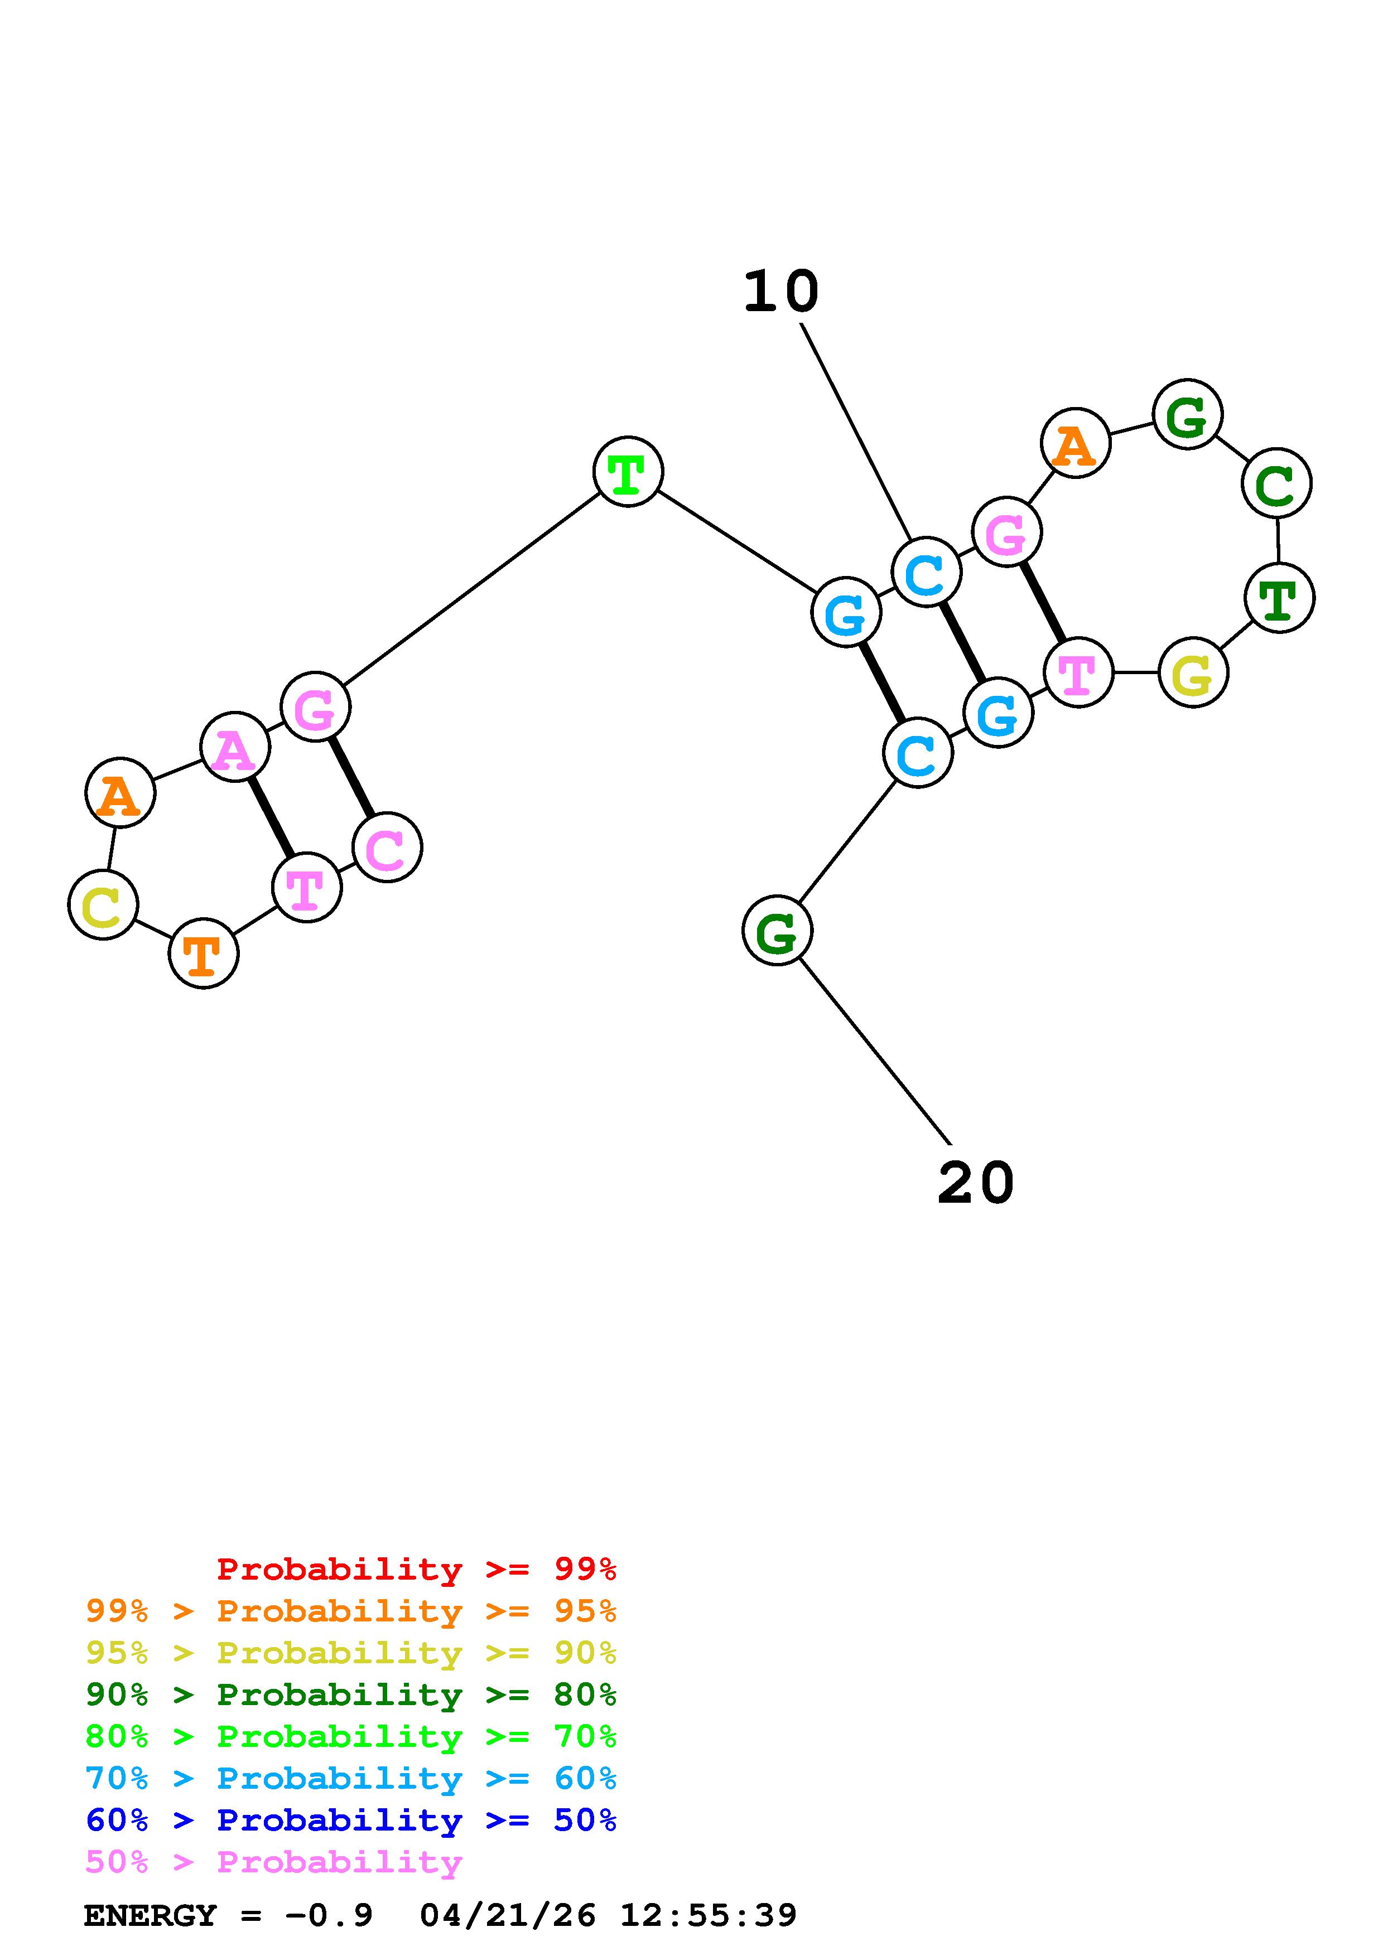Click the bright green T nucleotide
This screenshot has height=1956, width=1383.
click(628, 471)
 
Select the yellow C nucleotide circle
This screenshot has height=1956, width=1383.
click(103, 905)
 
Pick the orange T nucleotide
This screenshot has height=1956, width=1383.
click(204, 953)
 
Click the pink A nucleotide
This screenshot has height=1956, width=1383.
click(235, 747)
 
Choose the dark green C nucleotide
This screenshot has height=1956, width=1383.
click(1276, 483)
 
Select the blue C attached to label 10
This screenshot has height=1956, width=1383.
click(926, 573)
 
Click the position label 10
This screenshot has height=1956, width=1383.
click(780, 292)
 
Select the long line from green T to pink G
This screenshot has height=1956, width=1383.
click(472, 589)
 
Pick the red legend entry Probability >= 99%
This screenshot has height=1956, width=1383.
click(416, 1569)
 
